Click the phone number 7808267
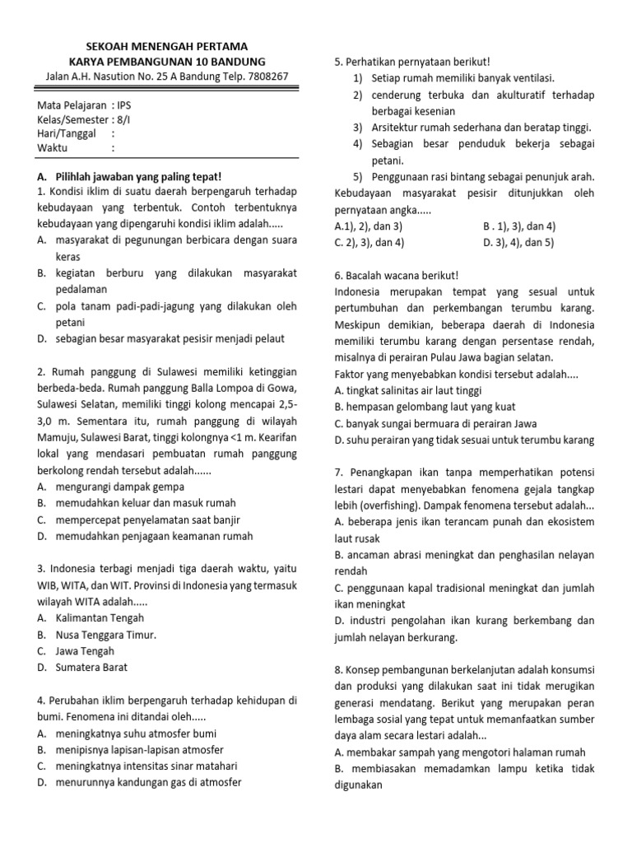point(267,77)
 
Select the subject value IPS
point(123,105)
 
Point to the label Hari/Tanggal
point(67,133)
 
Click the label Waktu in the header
point(53,148)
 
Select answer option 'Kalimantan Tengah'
point(100,617)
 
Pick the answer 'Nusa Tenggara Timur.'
point(105,634)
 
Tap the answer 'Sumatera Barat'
point(91,667)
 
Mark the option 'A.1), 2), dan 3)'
point(369,226)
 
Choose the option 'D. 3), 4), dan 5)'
point(518,242)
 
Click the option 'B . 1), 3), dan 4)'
point(519,226)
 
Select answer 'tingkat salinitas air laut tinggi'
point(414,390)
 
